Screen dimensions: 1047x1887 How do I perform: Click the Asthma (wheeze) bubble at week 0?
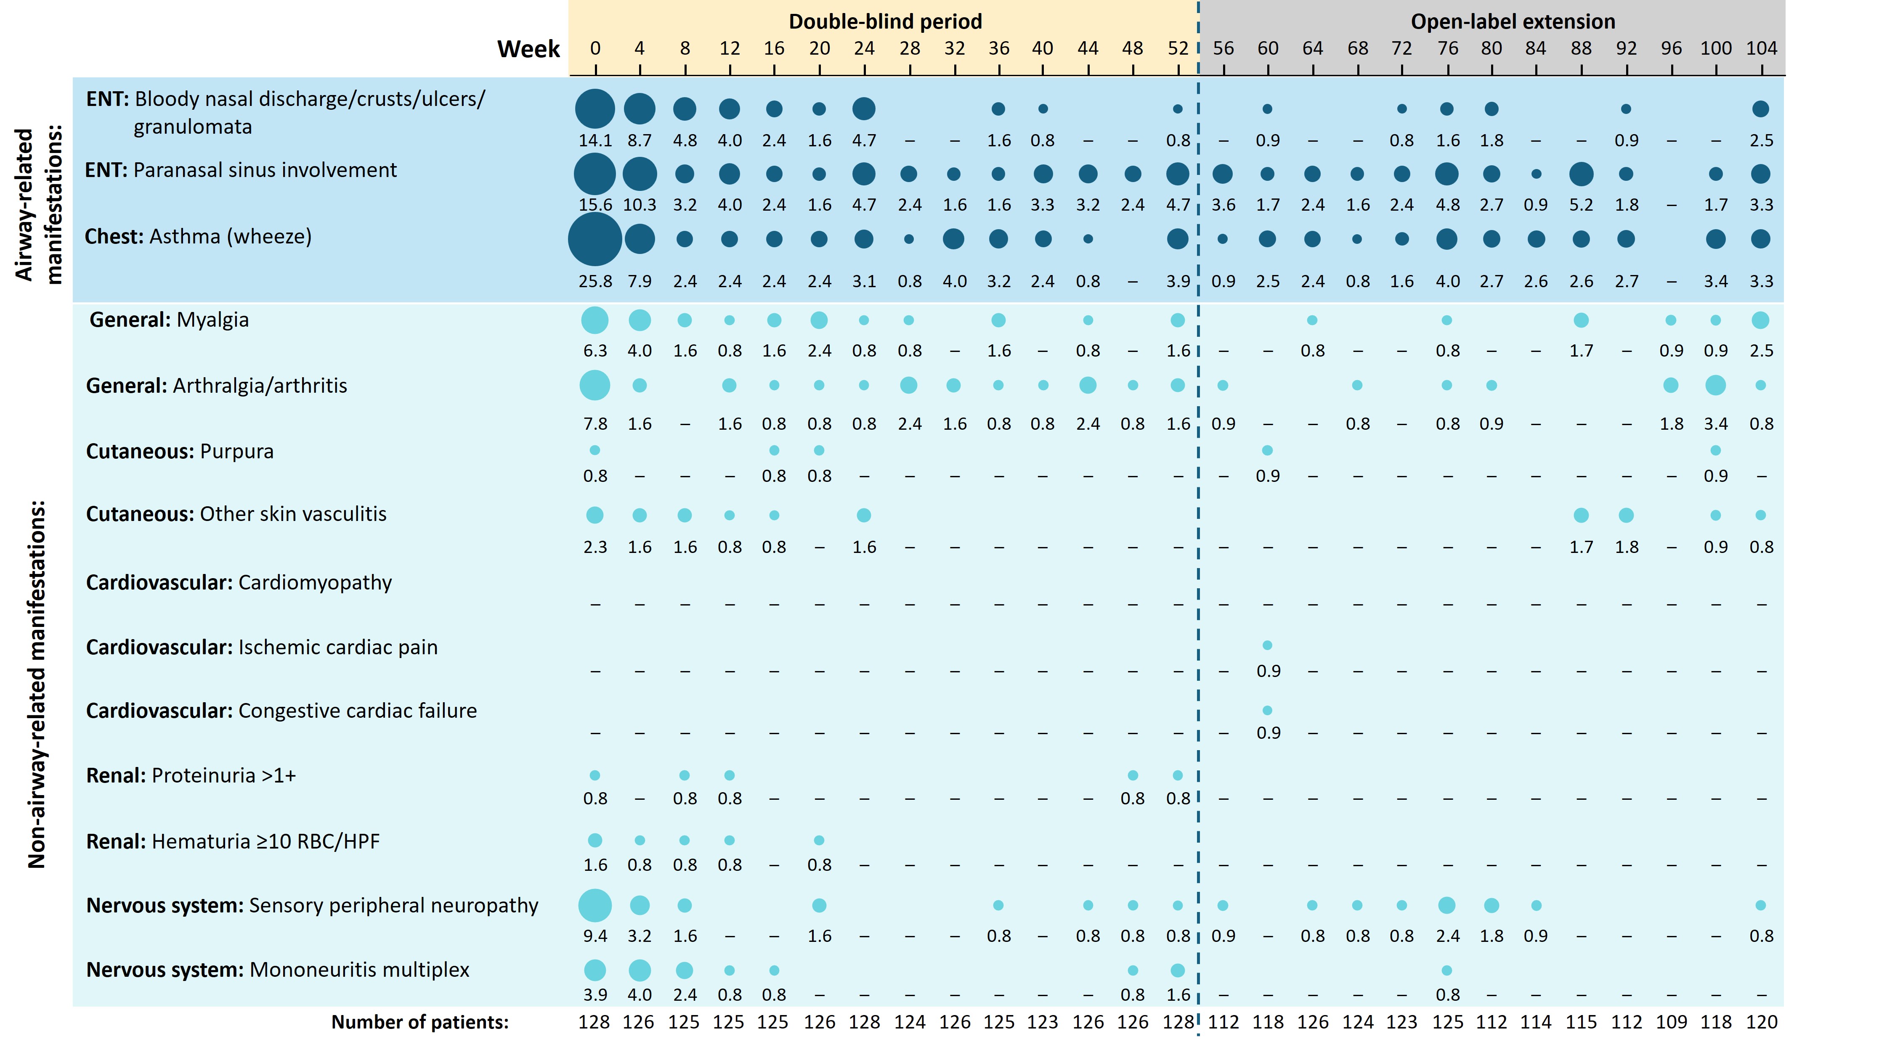(595, 239)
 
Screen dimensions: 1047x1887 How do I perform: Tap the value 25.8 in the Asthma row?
(595, 281)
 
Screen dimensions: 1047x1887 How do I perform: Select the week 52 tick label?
(1177, 48)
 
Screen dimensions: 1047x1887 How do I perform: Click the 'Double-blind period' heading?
(885, 21)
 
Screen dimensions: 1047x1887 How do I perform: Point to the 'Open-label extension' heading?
(1513, 21)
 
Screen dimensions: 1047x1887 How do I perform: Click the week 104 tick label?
(1761, 48)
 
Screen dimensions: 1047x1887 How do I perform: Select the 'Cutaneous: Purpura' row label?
(180, 451)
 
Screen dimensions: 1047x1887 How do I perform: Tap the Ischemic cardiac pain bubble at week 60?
(1267, 645)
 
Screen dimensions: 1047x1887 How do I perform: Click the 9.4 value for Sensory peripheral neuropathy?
(595, 936)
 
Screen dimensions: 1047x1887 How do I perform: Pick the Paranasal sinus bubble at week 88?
(1581, 174)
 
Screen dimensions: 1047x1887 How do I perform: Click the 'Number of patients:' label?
(420, 1022)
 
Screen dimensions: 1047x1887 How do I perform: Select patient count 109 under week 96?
(1671, 1022)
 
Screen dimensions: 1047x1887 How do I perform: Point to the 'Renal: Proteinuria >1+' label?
(191, 775)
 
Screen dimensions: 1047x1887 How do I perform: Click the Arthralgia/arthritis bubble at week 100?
(1715, 385)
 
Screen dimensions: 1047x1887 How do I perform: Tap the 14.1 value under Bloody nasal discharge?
(595, 140)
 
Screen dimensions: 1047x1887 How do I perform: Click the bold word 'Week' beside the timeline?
(528, 49)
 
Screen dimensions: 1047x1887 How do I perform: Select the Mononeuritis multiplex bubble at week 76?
(1446, 970)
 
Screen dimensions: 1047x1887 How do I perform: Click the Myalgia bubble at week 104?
(1760, 320)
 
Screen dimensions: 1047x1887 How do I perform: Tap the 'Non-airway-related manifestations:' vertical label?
(37, 685)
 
